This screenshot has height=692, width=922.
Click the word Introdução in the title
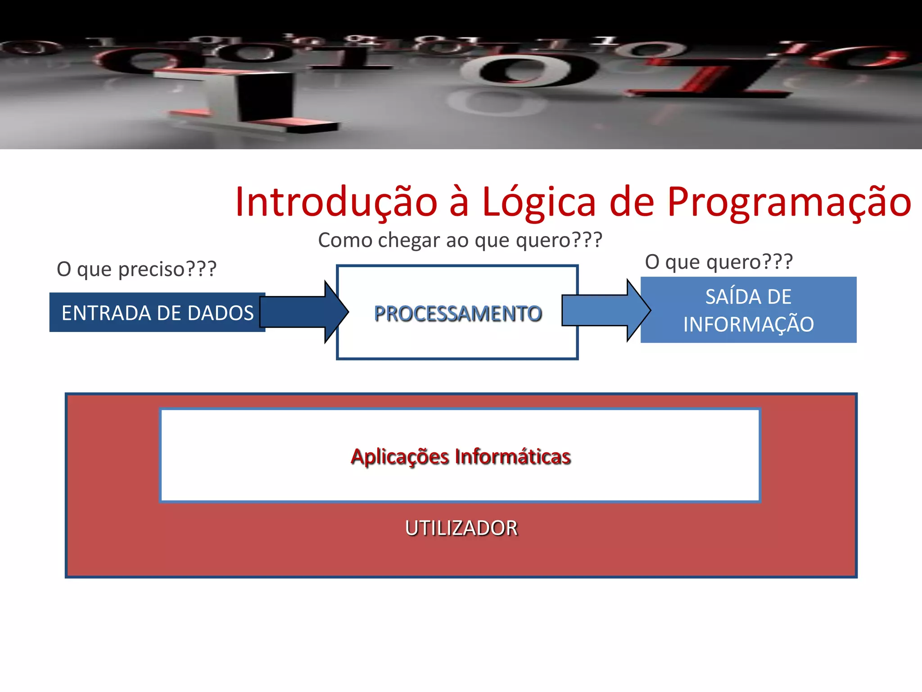click(336, 202)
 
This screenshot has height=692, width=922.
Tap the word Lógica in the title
click(539, 202)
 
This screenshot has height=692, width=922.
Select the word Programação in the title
click(789, 202)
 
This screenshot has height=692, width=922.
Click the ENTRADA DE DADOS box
click(157, 313)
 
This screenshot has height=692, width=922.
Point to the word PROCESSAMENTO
click(457, 314)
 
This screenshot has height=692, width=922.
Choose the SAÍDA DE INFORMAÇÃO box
click(748, 310)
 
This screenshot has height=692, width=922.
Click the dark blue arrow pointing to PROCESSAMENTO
click(304, 312)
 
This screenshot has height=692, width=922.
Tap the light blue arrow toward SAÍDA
click(606, 310)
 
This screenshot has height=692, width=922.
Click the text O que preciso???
click(136, 269)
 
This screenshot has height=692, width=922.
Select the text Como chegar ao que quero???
click(460, 240)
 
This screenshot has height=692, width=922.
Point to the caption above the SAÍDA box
click(719, 262)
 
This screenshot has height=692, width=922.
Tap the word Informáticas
click(513, 456)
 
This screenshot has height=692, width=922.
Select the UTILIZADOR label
click(461, 528)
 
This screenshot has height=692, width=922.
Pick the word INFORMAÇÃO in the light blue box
click(748, 324)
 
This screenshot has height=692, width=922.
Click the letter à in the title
click(459, 202)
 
